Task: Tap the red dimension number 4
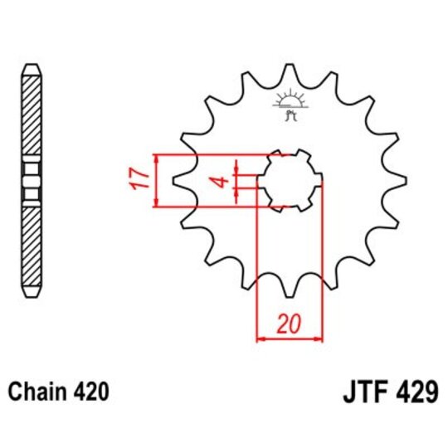[x=222, y=181]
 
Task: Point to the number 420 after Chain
[x=88, y=389]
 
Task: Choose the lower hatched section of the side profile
[x=31, y=245]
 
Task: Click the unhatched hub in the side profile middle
[x=31, y=180]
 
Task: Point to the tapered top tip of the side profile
[x=31, y=66]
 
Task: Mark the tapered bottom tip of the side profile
[x=31, y=294]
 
